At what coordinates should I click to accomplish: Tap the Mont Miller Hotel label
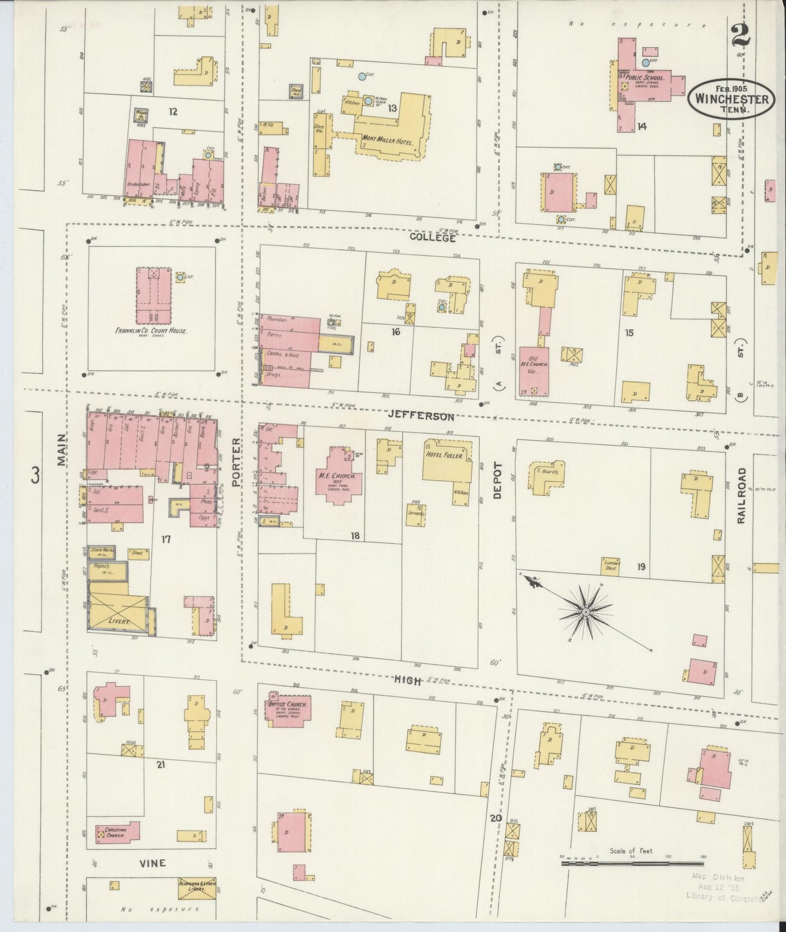[387, 140]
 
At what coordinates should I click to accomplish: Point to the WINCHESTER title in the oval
[731, 100]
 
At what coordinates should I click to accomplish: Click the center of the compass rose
[585, 613]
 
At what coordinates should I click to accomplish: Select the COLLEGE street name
[432, 238]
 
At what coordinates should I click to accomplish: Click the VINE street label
[153, 863]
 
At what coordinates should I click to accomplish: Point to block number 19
[641, 567]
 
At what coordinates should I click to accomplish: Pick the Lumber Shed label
[611, 564]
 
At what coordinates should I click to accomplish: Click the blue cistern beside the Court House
[180, 277]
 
